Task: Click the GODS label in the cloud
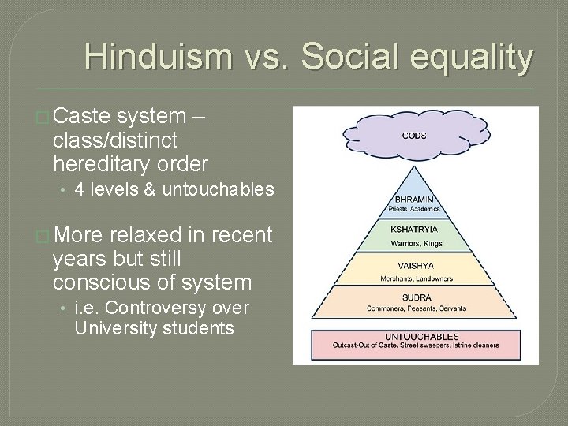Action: click(413, 136)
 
